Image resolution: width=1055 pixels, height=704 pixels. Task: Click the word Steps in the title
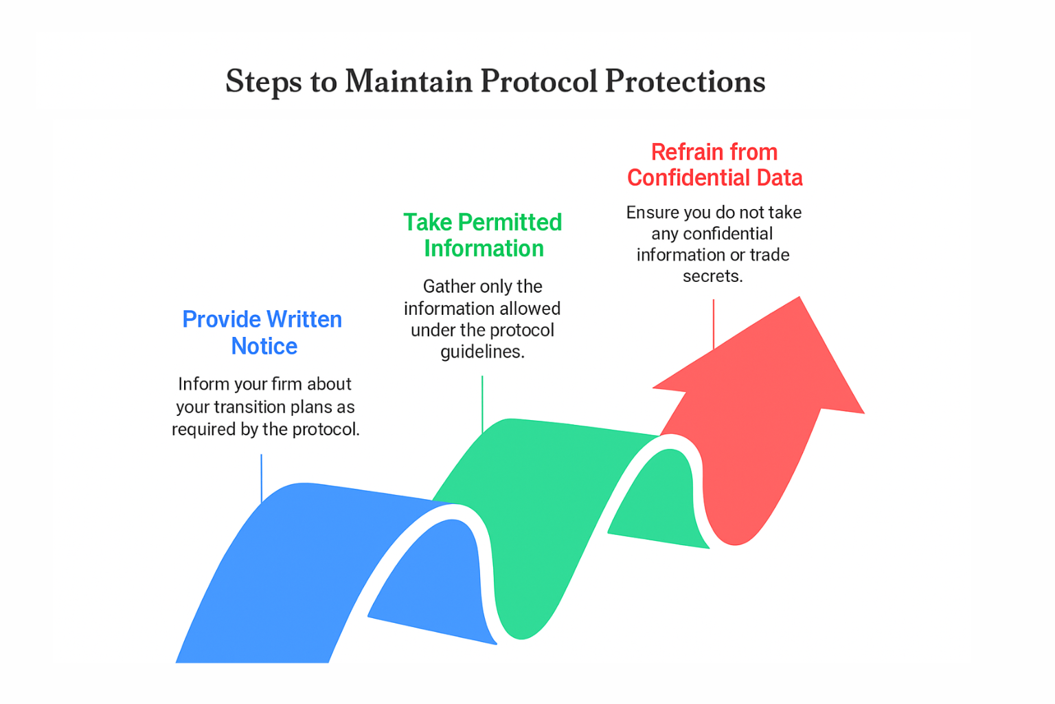click(x=263, y=82)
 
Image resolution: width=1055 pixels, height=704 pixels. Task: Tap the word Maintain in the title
click(x=409, y=81)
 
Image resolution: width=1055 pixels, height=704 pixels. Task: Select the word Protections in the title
click(x=685, y=81)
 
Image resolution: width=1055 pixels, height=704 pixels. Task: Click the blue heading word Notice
click(x=264, y=346)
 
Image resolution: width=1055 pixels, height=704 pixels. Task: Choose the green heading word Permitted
click(x=510, y=223)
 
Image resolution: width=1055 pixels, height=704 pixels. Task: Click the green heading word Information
click(x=484, y=248)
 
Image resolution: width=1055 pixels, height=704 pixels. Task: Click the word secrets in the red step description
click(x=712, y=276)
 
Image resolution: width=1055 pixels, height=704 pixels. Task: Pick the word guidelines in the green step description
click(x=482, y=352)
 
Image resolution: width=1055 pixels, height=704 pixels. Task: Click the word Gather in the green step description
click(x=448, y=287)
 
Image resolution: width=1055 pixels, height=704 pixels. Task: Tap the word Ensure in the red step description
click(x=651, y=212)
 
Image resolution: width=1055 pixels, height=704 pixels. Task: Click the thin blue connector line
click(x=262, y=478)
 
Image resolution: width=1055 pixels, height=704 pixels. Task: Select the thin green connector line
click(x=482, y=402)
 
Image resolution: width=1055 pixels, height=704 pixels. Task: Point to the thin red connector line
click(x=714, y=323)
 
